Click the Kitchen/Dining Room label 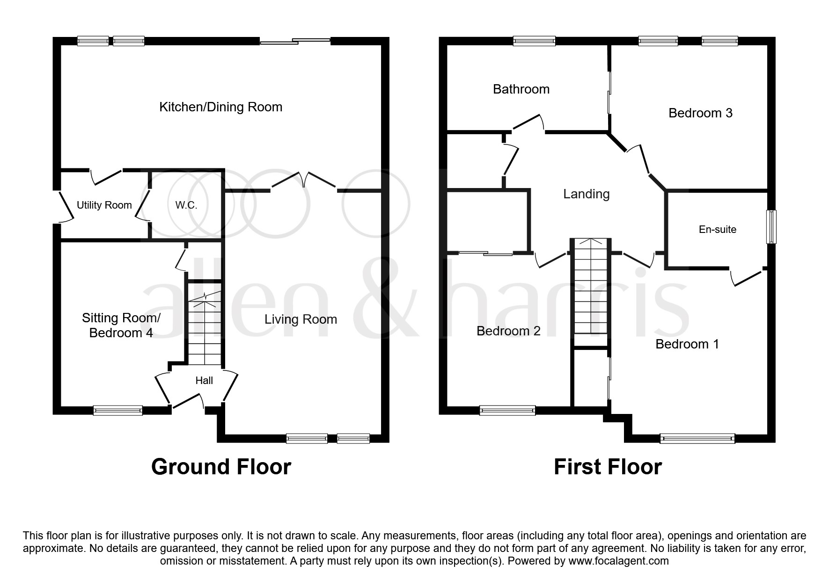tap(220, 107)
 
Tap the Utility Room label tap(104, 205)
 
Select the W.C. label tap(186, 205)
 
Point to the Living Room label tap(301, 319)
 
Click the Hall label tap(204, 381)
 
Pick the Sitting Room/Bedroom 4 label tap(121, 326)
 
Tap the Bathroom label tap(521, 89)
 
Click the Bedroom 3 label tap(700, 113)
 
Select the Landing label tap(586, 194)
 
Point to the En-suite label tap(717, 230)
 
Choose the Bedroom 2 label tap(508, 331)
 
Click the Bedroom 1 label tap(687, 344)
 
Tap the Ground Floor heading tap(221, 467)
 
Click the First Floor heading tap(608, 467)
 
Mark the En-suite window tap(770, 227)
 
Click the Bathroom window tap(534, 41)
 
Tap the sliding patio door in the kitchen tap(295, 42)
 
